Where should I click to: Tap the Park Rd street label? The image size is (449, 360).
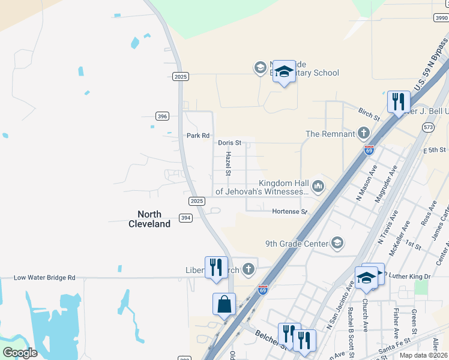[x=197, y=136]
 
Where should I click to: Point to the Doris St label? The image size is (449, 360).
[x=229, y=143]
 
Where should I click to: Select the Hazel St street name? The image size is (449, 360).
[x=229, y=163]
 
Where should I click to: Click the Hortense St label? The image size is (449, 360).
[x=289, y=212]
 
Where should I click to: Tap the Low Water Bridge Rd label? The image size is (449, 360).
[x=45, y=278]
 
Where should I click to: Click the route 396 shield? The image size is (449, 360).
[x=161, y=116]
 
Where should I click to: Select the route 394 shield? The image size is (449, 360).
[x=185, y=218]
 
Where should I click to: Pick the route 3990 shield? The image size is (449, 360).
[x=441, y=18]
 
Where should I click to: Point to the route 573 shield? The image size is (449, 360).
[x=428, y=127]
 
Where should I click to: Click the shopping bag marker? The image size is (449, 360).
[x=224, y=304]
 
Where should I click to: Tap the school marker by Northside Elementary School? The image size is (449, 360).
[x=284, y=72]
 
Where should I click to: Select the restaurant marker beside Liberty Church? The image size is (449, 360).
[x=216, y=267]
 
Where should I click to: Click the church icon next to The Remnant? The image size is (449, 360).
[x=363, y=133]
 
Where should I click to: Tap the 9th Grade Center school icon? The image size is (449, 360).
[x=337, y=243]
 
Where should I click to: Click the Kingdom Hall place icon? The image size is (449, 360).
[x=318, y=187]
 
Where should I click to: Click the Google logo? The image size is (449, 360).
[x=19, y=353]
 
